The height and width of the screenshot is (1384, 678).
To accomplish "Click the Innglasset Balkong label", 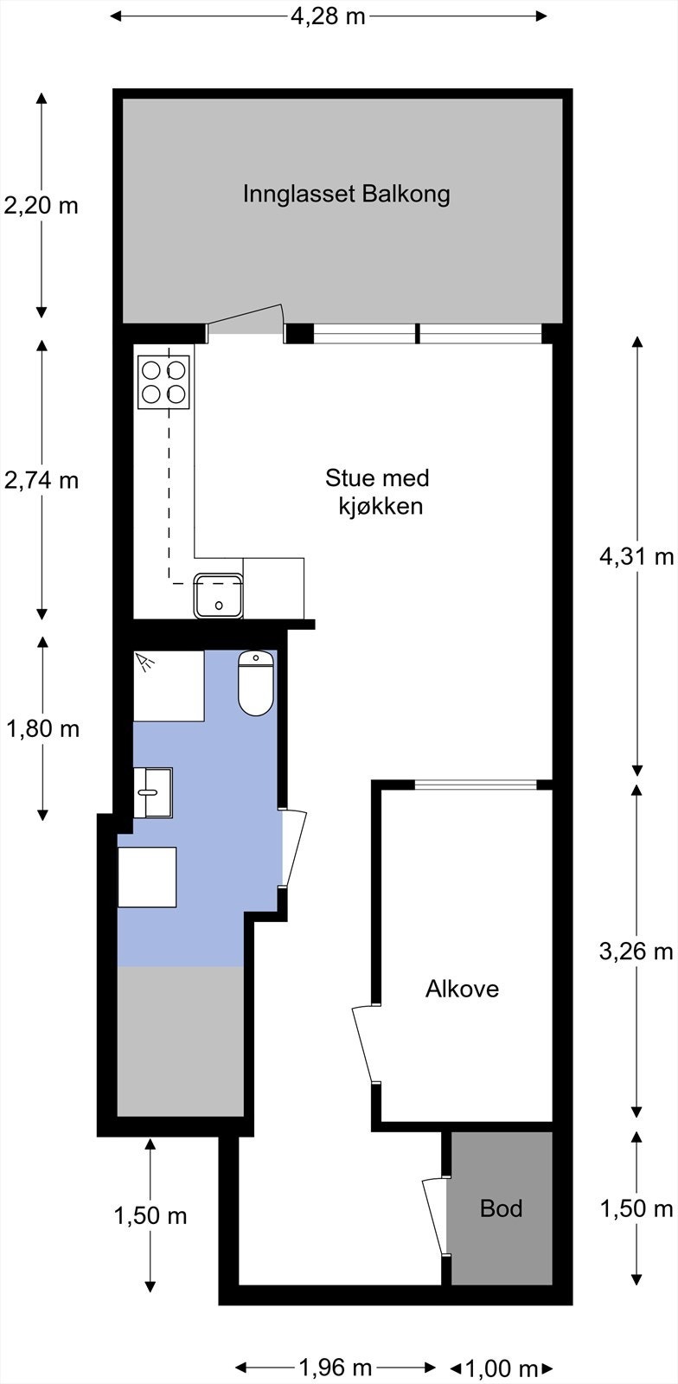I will pos(346,194).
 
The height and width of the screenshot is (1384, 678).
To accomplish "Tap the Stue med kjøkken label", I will pos(377,491).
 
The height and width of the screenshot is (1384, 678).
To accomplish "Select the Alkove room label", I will pos(462,989).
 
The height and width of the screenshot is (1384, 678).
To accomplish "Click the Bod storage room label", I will pos(502,1208).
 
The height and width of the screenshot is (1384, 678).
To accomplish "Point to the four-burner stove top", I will pos(163,381).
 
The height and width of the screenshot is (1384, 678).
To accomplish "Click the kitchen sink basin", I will pos(219,596).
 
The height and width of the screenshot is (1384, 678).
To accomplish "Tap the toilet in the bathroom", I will pos(256,683).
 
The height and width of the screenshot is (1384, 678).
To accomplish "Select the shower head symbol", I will pos(146,663).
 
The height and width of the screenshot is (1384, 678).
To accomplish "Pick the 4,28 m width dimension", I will pos(328,16).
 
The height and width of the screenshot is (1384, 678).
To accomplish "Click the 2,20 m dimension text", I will pos(41,206).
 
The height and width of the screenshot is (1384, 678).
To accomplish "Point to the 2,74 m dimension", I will pos(41,480).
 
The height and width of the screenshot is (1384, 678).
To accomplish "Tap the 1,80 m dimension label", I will pos(42,729).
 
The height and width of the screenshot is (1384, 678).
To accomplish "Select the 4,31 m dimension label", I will pos(636,556).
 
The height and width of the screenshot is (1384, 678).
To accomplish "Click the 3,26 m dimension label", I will pos(636,951).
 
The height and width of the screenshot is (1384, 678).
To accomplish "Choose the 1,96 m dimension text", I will pos(335,1368).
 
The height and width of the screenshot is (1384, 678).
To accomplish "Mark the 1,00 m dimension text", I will pos(502,1368).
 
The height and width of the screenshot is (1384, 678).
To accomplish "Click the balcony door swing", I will pos(246,320).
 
